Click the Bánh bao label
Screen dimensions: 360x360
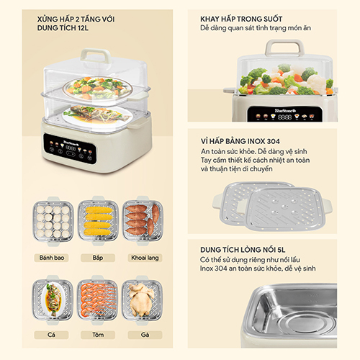[52, 258]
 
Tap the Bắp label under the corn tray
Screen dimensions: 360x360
[98, 258]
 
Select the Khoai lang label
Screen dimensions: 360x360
[145, 258]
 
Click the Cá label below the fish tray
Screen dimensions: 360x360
[51, 335]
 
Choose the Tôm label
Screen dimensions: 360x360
[98, 335]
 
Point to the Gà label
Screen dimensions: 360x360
[145, 335]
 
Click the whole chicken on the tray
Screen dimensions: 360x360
[141, 300]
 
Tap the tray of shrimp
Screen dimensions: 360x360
[98, 300]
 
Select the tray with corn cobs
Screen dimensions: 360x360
[98, 221]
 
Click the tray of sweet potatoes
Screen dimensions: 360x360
[143, 221]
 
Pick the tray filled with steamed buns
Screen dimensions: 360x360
[53, 221]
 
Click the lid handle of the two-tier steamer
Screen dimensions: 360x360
[96, 55]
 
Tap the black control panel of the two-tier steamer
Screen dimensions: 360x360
[70, 149]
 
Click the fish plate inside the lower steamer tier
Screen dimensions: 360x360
[97, 115]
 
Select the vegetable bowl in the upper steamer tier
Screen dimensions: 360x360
[98, 89]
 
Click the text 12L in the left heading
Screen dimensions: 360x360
[83, 28]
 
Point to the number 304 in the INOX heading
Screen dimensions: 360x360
[273, 141]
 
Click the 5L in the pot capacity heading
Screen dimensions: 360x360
[282, 250]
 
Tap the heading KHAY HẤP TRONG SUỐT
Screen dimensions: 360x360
[241, 19]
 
